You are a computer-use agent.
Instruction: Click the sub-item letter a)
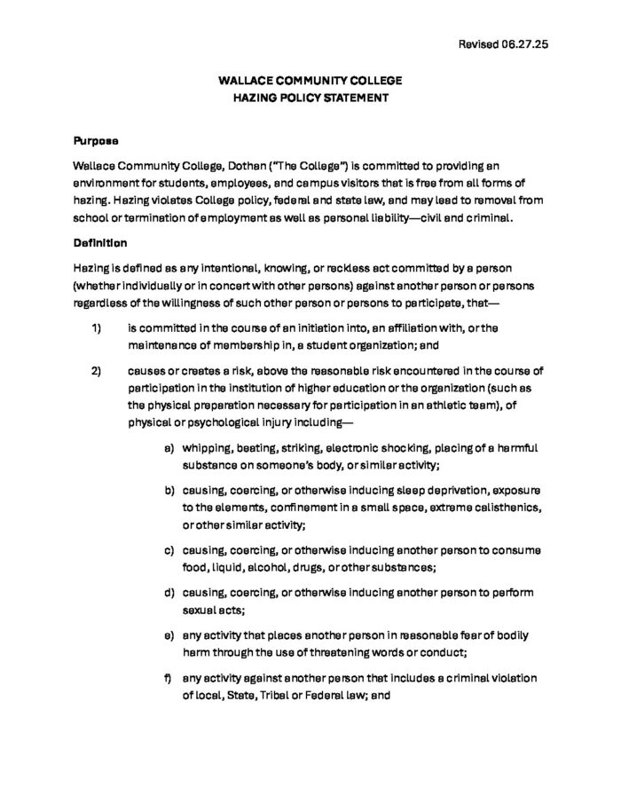[x=169, y=448]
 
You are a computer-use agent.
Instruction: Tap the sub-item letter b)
[x=169, y=490]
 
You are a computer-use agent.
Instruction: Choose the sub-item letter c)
[x=169, y=550]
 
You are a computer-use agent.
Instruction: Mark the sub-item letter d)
[x=169, y=592]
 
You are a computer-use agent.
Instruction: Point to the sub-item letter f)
[x=168, y=677]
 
